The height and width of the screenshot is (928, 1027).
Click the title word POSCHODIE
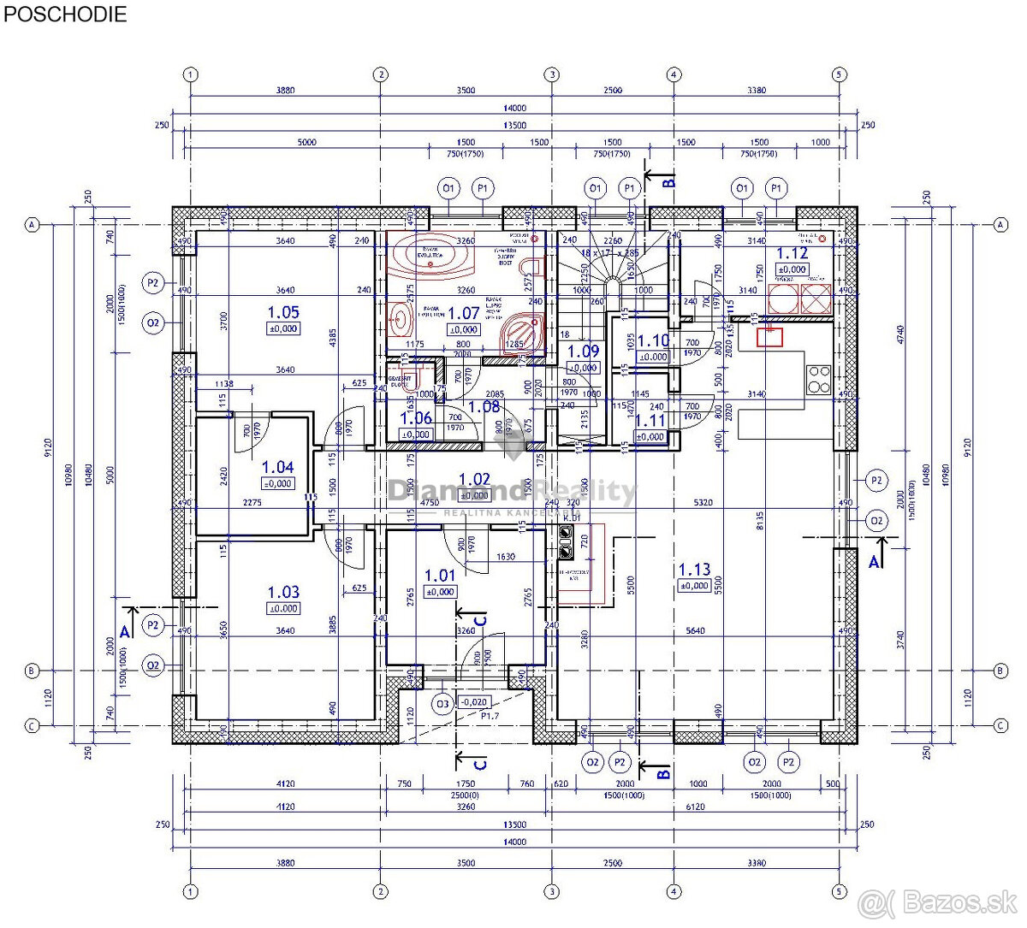coord(65,15)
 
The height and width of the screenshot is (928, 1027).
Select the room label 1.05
coord(283,313)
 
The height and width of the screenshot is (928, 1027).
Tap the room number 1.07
coord(464,314)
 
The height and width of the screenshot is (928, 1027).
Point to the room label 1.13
coord(694,570)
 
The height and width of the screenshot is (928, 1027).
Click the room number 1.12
coord(792,253)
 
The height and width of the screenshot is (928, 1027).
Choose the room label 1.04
coord(277,467)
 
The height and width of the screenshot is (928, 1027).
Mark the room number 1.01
coord(440,576)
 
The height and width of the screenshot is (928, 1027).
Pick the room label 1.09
coord(583,351)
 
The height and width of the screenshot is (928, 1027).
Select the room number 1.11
coord(650,420)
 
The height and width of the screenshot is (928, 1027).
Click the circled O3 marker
coord(442,705)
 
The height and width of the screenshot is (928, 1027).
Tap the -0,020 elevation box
coord(473,701)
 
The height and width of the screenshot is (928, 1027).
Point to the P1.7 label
coord(490,716)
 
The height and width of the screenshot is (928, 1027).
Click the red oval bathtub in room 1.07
coord(430,254)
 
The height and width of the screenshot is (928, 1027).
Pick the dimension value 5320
coord(703,503)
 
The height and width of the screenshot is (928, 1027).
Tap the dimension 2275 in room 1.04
coord(252,503)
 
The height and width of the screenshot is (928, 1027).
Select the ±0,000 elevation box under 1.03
coord(283,608)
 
